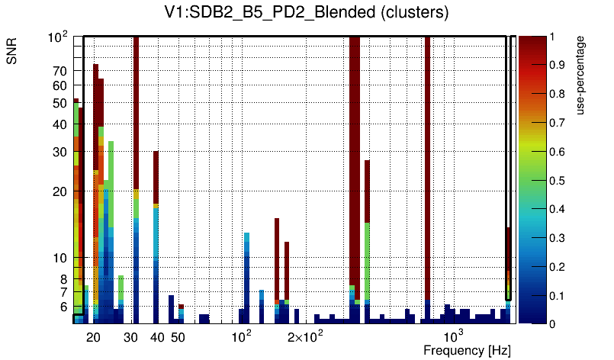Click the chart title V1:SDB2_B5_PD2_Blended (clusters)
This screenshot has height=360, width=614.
pyautogui.click(x=306, y=13)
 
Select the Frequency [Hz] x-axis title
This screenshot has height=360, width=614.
pyautogui.click(x=467, y=350)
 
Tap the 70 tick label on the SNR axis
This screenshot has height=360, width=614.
pyautogui.click(x=60, y=71)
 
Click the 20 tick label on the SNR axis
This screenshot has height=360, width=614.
pyautogui.click(x=60, y=191)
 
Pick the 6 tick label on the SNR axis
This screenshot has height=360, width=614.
pyautogui.click(x=64, y=307)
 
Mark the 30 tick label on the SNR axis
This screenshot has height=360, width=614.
pyautogui.click(x=60, y=152)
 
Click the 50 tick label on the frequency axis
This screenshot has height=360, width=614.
pyautogui.click(x=177, y=337)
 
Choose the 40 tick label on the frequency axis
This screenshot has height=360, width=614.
pyautogui.click(x=157, y=337)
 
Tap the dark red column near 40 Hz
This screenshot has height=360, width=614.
pyautogui.click(x=156, y=175)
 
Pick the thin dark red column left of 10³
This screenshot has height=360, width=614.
pyautogui.click(x=427, y=153)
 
